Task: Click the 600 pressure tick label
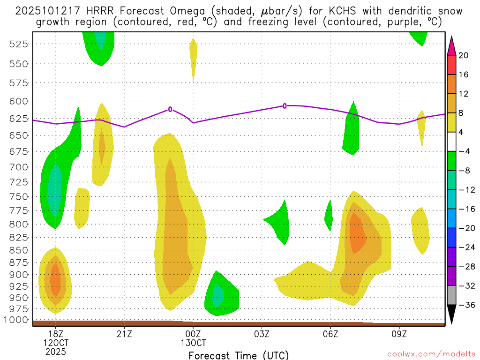[18, 101]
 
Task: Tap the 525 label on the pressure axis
[18, 44]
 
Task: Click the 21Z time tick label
[124, 334]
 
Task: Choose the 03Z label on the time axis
[262, 334]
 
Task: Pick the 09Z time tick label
[399, 334]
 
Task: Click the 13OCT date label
[193, 343]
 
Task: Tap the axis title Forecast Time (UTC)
[239, 355]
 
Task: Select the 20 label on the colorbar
[463, 55]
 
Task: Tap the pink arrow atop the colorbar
[451, 45]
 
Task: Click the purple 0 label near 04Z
[285, 106]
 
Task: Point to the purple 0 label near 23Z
[170, 109]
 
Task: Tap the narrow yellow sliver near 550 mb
[194, 59]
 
